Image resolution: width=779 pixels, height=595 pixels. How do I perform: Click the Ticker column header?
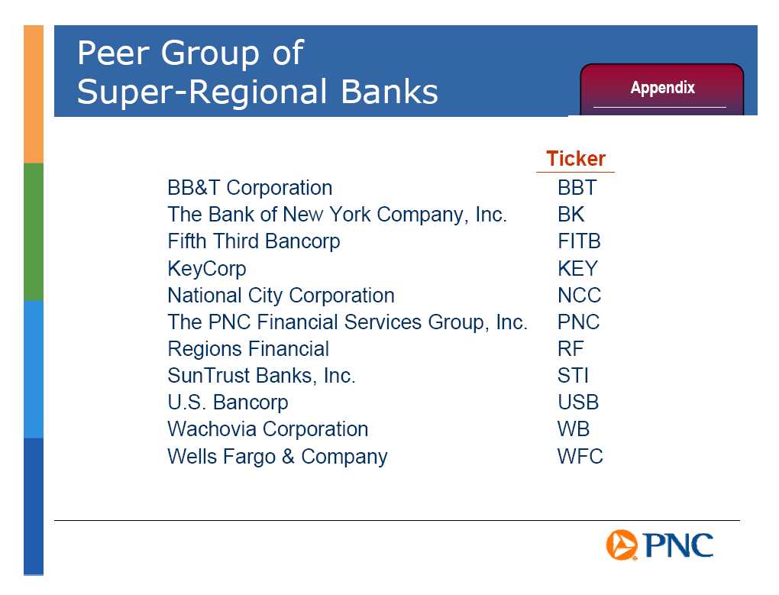pos(576,158)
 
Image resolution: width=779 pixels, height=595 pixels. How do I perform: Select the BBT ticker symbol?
pos(577,188)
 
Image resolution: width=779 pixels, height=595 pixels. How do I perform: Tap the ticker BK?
pos(571,215)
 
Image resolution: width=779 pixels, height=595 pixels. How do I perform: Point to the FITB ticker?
pos(579,241)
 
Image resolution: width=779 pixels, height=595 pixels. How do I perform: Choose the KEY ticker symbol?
pos(577,269)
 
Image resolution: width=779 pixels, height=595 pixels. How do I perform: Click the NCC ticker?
pos(579,296)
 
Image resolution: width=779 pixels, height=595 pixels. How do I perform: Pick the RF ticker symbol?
pos(571,348)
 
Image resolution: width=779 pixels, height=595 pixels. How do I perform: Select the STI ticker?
pos(573,376)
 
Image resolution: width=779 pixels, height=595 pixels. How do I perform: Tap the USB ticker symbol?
pos(578,403)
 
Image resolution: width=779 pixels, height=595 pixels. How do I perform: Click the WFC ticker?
pos(580,457)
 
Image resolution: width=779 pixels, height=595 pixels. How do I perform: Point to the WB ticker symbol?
pos(574,429)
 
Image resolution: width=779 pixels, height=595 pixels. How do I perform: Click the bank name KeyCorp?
pos(207,269)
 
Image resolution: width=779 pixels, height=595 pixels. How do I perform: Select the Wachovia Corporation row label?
pos(268,429)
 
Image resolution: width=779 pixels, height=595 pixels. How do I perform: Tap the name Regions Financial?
pos(248,349)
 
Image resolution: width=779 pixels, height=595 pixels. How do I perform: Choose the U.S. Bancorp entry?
pos(228,403)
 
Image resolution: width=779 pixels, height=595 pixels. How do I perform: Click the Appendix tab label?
pos(662,88)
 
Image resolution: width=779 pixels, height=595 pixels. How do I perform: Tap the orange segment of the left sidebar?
pos(34,95)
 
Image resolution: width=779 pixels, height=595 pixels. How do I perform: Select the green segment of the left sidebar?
pos(34,232)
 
